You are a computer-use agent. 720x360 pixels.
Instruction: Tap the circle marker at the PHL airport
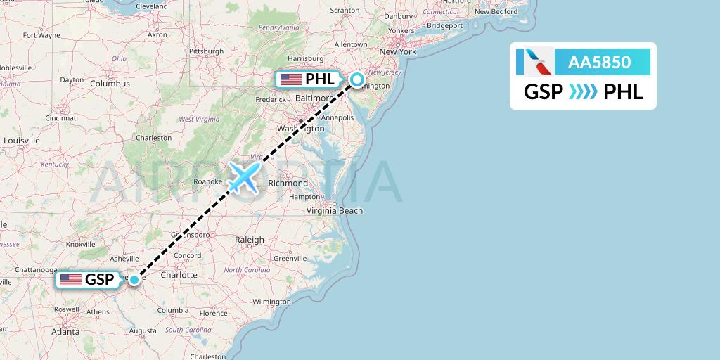[x=357, y=79]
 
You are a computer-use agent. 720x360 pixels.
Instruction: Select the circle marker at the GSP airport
[x=134, y=280]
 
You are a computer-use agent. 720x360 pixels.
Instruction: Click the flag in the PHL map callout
[x=290, y=79]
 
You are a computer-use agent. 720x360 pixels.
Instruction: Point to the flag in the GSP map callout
[x=71, y=280]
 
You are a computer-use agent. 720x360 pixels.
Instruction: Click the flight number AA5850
[x=600, y=62]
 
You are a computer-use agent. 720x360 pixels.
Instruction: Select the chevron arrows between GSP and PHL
[x=583, y=91]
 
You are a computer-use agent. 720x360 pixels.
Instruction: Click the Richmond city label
[x=288, y=183]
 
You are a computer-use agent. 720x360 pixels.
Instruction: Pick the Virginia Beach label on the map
[x=335, y=210]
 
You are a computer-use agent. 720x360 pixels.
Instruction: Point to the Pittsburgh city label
[x=206, y=51]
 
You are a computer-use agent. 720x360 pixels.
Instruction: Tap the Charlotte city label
[x=179, y=275]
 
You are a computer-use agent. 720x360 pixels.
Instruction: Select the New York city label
[x=398, y=51]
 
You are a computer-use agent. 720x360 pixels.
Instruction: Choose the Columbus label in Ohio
[x=110, y=83]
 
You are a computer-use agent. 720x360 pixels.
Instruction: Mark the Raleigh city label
[x=250, y=240]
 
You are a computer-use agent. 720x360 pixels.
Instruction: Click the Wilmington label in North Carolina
[x=271, y=302]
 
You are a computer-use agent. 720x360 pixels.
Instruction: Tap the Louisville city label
[x=21, y=140]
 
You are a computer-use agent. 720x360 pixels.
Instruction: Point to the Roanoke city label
[x=208, y=181]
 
